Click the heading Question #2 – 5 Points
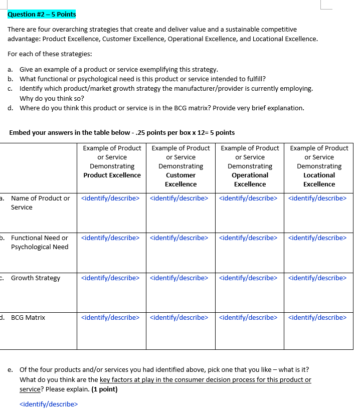(42, 14)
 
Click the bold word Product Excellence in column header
(112, 175)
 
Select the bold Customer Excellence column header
(181, 179)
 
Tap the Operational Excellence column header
(250, 179)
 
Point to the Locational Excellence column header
(319, 179)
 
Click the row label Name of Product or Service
(40, 202)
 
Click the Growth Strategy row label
(35, 278)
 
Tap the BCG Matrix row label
(28, 317)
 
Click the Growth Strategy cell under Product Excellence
(110, 278)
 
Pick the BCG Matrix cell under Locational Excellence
(317, 317)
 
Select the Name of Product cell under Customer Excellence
(179, 198)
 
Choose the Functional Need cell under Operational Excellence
(248, 238)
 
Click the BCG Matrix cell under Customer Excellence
(179, 317)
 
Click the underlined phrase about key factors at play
(206, 379)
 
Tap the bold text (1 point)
(104, 389)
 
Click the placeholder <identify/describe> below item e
(49, 404)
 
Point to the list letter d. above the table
(11, 108)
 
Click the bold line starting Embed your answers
(122, 133)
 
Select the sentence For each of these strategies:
(50, 54)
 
